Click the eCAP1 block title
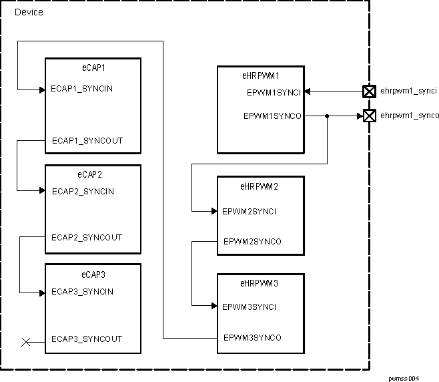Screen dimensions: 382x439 pos(93,67)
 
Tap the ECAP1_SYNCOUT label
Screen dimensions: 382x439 pos(87,141)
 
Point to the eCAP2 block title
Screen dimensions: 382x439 pos(93,174)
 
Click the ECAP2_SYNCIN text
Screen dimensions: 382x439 pos(83,192)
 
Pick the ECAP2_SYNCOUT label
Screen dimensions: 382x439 pos(87,238)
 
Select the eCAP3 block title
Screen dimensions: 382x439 pos(93,274)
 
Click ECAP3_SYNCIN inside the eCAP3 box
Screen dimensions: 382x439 pos(82,292)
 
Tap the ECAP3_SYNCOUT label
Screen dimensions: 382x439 pos(87,339)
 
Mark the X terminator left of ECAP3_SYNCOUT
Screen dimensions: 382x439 pos(26,343)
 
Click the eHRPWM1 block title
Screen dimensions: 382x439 pos(260,75)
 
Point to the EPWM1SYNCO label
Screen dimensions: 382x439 pos(272,116)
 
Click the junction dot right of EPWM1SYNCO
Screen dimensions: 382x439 pos(327,116)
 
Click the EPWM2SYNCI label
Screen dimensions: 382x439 pos(249,212)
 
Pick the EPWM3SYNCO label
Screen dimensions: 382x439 pos(252,338)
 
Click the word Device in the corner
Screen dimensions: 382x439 pos(29,12)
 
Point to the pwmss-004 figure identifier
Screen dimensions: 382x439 pos(404,378)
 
